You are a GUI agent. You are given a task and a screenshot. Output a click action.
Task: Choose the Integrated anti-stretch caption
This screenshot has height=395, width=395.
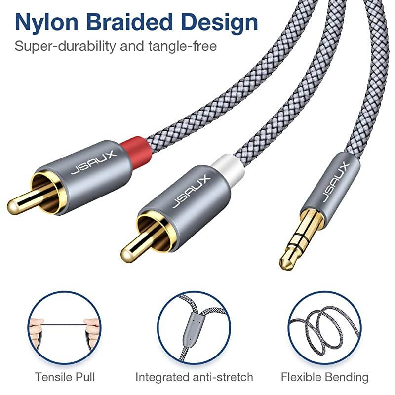pyautogui.click(x=194, y=378)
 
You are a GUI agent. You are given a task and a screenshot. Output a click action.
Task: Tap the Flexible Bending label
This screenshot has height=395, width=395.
pyautogui.click(x=325, y=378)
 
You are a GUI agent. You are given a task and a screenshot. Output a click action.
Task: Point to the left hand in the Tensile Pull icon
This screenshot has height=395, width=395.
pyautogui.click(x=37, y=328)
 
